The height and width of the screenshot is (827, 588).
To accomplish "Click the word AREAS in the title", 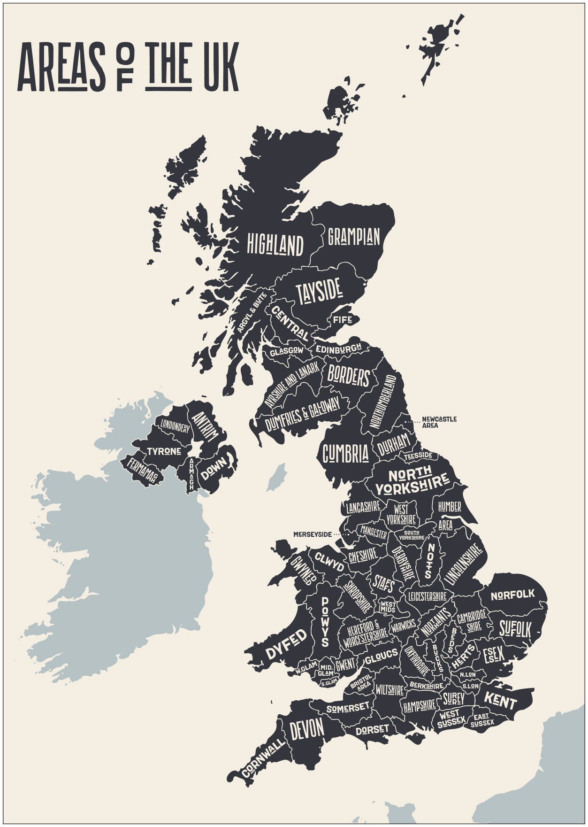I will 61,67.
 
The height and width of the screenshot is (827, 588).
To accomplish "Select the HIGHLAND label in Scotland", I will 275,245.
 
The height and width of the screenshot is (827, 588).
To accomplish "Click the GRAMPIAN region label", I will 353,237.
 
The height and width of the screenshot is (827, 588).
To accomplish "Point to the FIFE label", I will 342,320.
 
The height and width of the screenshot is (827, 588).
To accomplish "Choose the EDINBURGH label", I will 338,349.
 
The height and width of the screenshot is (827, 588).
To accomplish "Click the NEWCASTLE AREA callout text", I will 439,422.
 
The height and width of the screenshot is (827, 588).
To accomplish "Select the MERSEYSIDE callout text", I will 312,534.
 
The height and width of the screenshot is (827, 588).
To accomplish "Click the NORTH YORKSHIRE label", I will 411,480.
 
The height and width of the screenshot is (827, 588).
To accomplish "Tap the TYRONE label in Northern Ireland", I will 164,451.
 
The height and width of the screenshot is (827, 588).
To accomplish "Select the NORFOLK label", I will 512,595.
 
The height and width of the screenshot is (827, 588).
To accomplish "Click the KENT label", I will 500,701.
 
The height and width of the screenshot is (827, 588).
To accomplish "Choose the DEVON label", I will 306,729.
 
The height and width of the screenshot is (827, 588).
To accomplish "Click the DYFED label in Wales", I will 286,644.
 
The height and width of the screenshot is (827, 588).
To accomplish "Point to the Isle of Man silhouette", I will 277,477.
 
